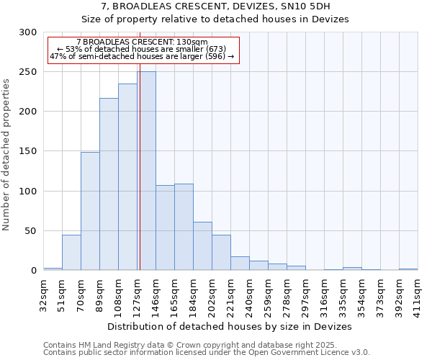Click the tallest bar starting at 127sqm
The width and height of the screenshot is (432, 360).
(146, 171)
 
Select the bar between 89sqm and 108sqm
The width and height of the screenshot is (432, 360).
(109, 184)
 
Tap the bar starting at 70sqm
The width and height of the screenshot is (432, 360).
(90, 211)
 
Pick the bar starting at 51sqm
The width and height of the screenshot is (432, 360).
(71, 252)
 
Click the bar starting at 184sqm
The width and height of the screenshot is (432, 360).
(202, 246)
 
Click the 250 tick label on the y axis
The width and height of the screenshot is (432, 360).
(27, 72)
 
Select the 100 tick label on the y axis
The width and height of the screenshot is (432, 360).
(27, 192)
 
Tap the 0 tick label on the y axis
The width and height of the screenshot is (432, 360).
(33, 271)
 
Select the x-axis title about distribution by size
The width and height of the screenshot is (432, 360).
(230, 326)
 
